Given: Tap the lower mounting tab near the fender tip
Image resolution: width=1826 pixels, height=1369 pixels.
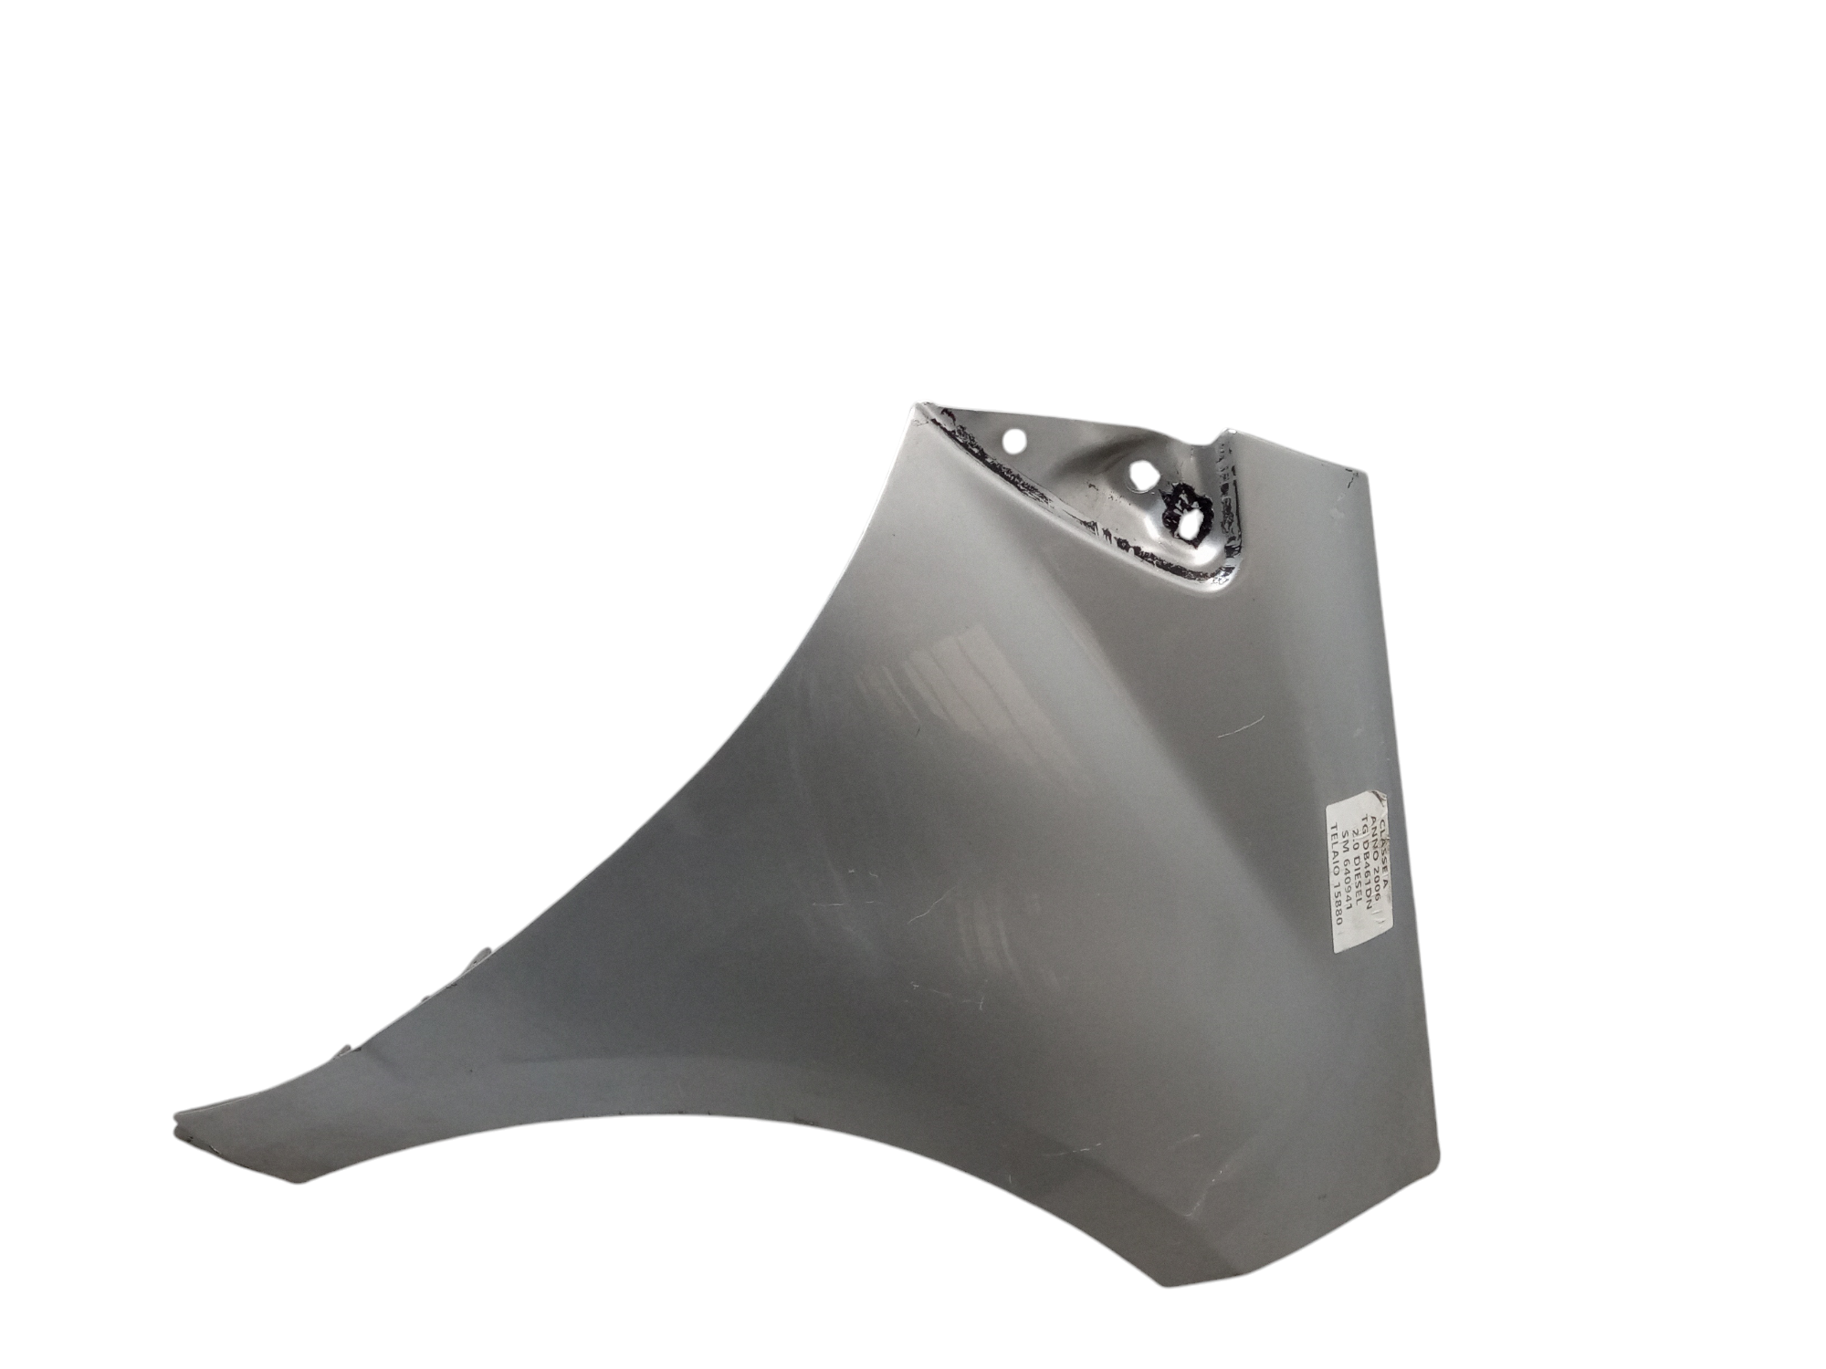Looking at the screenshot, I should [x=343, y=1050].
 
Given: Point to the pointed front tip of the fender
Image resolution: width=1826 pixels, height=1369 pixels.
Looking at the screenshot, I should [x=177, y=1116].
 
